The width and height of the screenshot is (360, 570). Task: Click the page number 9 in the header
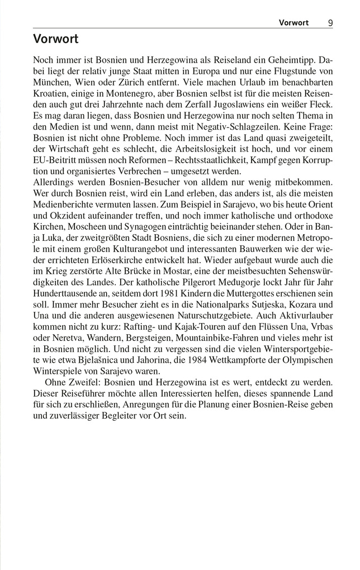tap(331, 23)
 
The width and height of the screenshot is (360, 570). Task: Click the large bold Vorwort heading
tap(55, 39)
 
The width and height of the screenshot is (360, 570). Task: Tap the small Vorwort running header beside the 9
tap(293, 23)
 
